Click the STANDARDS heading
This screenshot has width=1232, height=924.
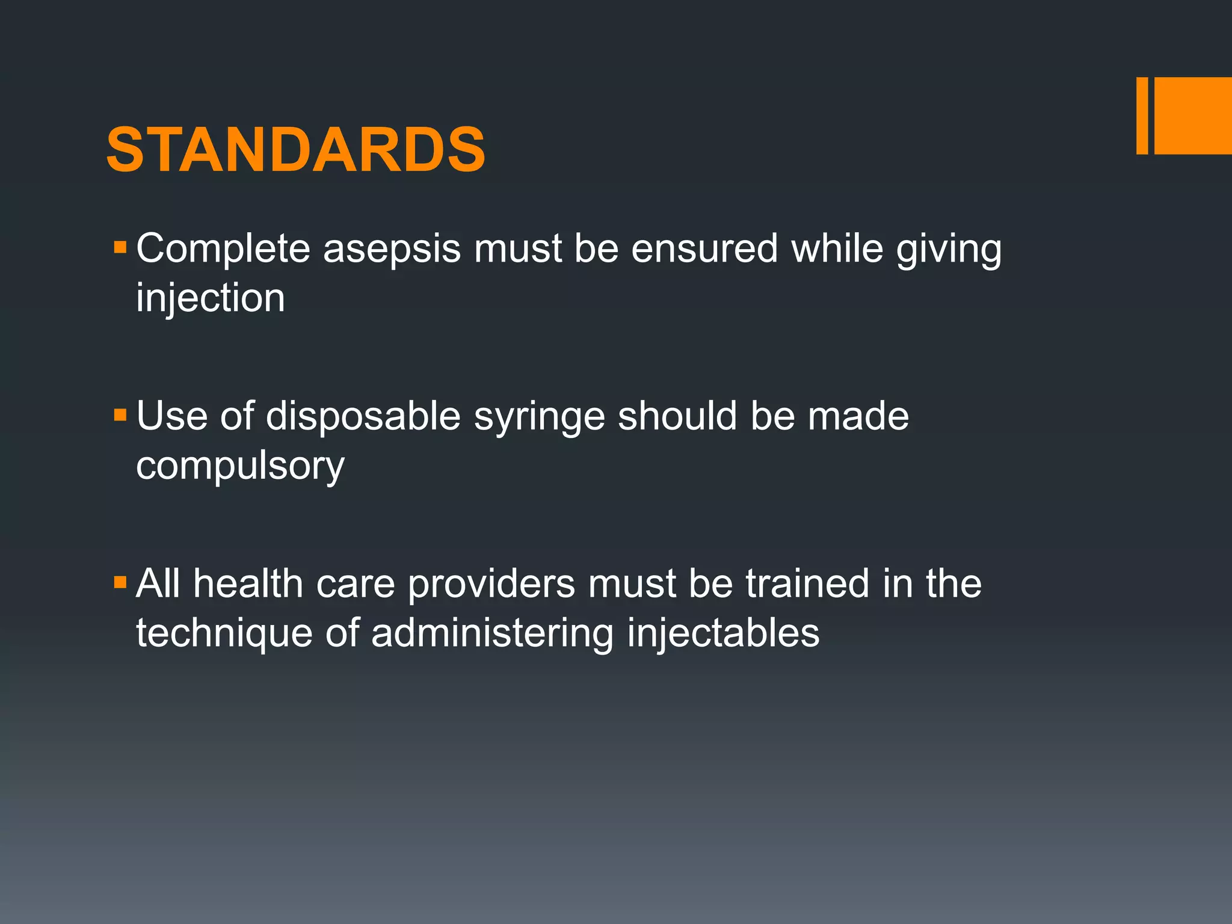coord(295,150)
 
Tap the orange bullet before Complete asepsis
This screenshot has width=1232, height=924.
coord(120,247)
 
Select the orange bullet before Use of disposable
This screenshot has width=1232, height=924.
coord(120,414)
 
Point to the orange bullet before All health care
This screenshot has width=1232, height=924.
coord(120,582)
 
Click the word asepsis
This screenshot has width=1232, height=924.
coord(392,249)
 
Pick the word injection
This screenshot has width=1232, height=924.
coord(211,298)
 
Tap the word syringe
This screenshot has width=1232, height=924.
coord(539,417)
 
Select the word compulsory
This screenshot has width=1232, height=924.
coord(240,466)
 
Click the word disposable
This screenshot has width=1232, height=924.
coord(363,416)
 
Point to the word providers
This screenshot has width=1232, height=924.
coord(491,585)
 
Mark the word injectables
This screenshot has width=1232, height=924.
coord(723,634)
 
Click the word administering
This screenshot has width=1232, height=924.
coord(492,634)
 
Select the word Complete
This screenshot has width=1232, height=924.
coord(223,249)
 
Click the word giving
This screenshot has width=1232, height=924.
coord(949,249)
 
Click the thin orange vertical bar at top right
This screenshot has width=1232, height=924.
coord(1142,115)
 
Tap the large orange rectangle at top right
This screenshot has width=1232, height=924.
coord(1193,115)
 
